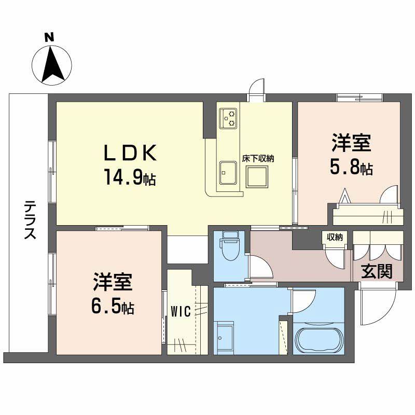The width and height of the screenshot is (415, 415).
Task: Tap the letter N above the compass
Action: point(49,37)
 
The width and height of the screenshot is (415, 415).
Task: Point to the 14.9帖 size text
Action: point(130,178)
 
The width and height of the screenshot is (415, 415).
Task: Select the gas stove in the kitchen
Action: point(228,118)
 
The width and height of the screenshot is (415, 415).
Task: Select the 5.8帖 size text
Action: point(351,168)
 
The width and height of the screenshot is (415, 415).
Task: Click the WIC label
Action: point(180,312)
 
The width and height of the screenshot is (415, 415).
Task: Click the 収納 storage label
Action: point(335,237)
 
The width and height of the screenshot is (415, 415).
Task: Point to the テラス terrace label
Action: point(30,220)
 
